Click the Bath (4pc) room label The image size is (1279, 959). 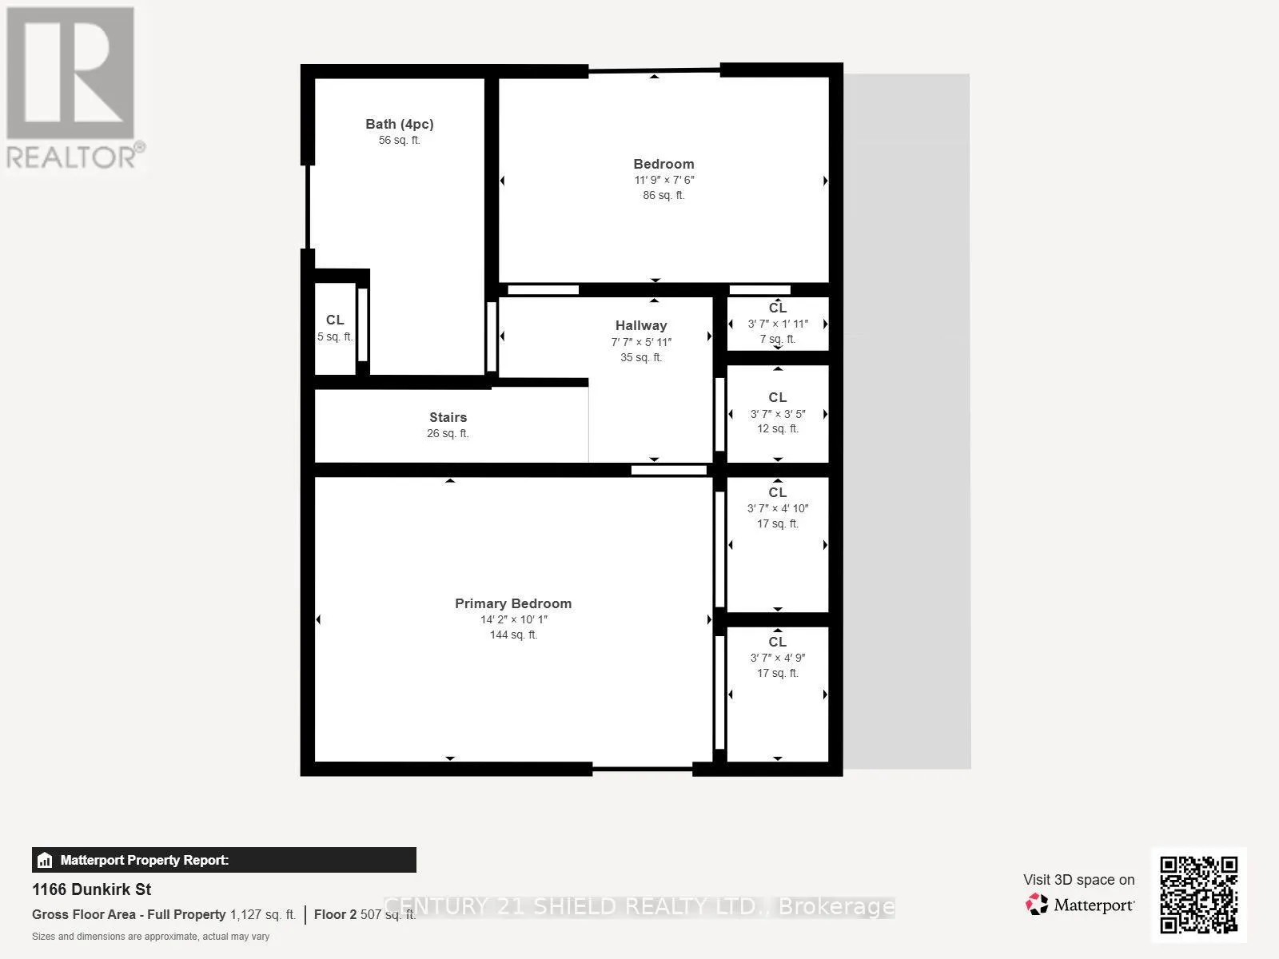pyautogui.click(x=399, y=124)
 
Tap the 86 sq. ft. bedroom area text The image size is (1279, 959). pyautogui.click(x=663, y=195)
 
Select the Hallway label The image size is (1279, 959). pyautogui.click(x=640, y=325)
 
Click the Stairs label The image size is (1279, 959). pyautogui.click(x=448, y=417)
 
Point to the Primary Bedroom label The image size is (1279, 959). pyautogui.click(x=513, y=603)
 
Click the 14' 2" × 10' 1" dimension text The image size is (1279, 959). pyautogui.click(x=513, y=619)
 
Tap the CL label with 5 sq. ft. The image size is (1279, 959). pyautogui.click(x=334, y=320)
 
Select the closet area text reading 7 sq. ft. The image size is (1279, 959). pyautogui.click(x=777, y=339)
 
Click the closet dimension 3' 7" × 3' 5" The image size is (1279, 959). pyautogui.click(x=777, y=414)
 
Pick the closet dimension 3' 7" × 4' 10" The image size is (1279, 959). pyautogui.click(x=777, y=508)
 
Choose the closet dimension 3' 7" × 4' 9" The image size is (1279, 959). pyautogui.click(x=777, y=658)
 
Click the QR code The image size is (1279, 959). pyautogui.click(x=1198, y=894)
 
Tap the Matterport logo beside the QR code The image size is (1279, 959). pyautogui.click(x=1080, y=905)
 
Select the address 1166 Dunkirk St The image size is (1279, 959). pyautogui.click(x=91, y=889)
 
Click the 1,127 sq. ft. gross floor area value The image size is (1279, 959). pyautogui.click(x=262, y=914)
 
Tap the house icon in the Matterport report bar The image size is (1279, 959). pyautogui.click(x=45, y=861)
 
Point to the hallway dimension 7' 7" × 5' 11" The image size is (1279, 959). pyautogui.click(x=640, y=342)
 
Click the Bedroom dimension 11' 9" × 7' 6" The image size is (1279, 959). pyautogui.click(x=663, y=180)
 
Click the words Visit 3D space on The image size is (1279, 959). pyautogui.click(x=1078, y=880)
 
